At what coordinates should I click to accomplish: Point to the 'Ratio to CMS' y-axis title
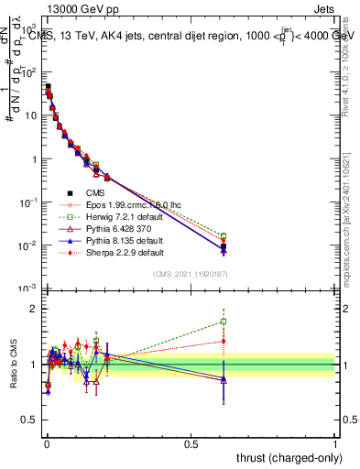(x=12, y=365)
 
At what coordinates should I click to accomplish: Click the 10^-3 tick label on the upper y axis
(x=27, y=289)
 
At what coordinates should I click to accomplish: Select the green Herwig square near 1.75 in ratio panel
(x=224, y=322)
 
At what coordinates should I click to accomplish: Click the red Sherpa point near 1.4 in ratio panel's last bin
(x=224, y=341)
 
